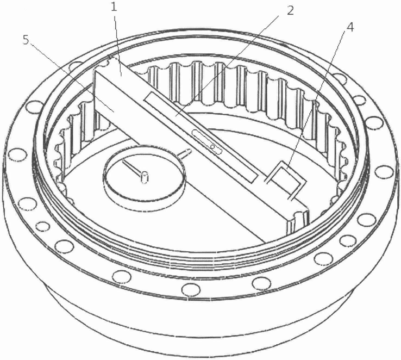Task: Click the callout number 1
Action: [114, 7]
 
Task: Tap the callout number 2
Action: [290, 10]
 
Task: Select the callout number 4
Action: [350, 27]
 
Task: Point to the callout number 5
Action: [27, 40]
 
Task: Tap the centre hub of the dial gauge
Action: [145, 177]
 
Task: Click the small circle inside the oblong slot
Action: [213, 147]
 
